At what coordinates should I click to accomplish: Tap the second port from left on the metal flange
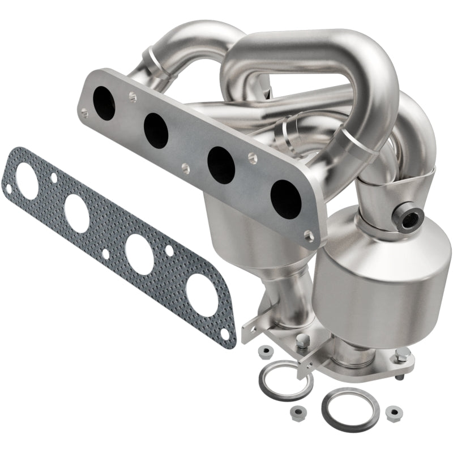pyautogui.click(x=155, y=130)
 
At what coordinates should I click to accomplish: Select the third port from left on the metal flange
pyautogui.click(x=221, y=164)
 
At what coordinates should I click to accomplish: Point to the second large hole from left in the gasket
pyautogui.click(x=77, y=212)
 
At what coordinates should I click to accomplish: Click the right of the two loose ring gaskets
pyautogui.click(x=345, y=407)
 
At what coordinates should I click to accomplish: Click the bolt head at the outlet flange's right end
pyautogui.click(x=402, y=355)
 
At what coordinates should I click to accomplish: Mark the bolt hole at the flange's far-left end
pyautogui.click(x=84, y=113)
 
